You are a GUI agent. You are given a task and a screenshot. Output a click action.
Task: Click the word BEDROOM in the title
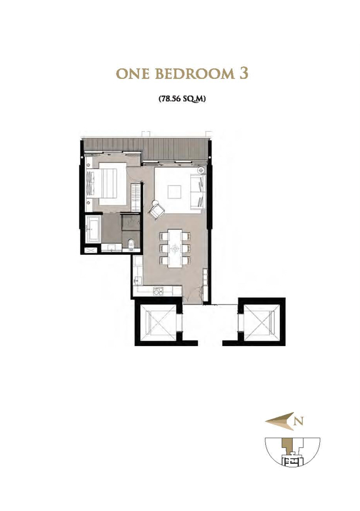point(194,74)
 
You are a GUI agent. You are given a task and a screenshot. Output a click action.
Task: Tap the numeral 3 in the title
point(243,74)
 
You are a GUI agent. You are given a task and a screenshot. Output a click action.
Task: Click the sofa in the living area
point(198,191)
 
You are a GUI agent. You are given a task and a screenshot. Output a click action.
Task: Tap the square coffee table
point(174,192)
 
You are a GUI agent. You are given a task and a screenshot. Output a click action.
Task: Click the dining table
point(175,248)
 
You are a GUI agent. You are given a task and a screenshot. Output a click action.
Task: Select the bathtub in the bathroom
point(93,228)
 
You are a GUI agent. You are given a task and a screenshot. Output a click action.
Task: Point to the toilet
point(131,244)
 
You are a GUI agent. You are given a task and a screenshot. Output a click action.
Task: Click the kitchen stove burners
point(158,290)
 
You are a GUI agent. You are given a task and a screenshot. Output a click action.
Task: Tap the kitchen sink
point(138,280)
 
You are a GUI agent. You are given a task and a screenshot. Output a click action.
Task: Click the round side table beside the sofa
point(201,170)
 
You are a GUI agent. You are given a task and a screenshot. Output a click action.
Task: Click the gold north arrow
point(280,421)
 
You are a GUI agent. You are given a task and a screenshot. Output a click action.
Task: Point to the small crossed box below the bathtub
point(91,250)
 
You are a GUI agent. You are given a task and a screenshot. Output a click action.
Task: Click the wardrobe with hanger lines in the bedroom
point(136,198)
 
